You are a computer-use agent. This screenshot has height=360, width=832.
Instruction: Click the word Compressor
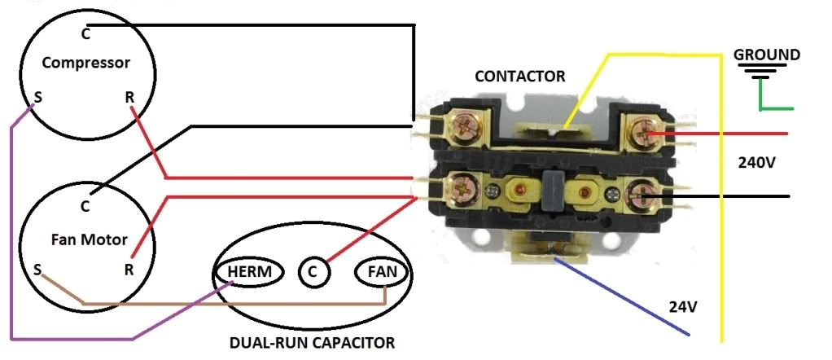click(x=86, y=63)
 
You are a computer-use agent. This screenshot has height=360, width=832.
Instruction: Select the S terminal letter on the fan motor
click(x=37, y=268)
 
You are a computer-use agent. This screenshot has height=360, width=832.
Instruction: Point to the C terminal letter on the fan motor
click(x=85, y=207)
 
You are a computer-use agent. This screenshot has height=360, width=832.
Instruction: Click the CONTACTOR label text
click(x=519, y=77)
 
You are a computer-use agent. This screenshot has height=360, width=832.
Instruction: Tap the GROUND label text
click(x=767, y=55)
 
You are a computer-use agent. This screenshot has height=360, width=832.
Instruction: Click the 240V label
click(x=757, y=162)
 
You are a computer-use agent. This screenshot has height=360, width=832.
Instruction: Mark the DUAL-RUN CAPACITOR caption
click(x=313, y=342)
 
